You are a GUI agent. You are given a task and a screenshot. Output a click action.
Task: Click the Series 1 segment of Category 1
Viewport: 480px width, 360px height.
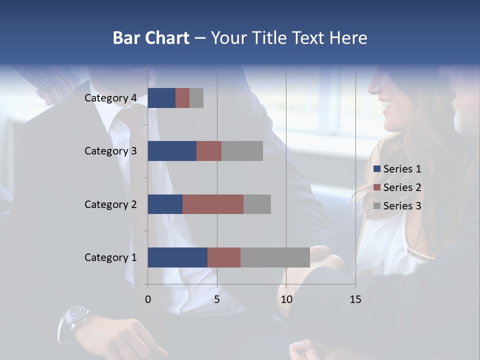(x=177, y=257)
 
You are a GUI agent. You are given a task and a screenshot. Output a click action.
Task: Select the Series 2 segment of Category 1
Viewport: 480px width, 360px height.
(x=224, y=257)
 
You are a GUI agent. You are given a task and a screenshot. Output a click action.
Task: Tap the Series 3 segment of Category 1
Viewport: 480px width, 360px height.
(x=275, y=257)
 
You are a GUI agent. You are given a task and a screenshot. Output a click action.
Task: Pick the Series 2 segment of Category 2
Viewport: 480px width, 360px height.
(x=213, y=204)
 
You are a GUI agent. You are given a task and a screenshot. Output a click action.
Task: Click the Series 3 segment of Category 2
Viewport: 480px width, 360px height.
(x=257, y=204)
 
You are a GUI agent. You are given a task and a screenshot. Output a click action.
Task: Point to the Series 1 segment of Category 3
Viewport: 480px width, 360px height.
(x=172, y=151)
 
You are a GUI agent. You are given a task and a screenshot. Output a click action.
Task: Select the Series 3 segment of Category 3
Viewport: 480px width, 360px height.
(x=242, y=151)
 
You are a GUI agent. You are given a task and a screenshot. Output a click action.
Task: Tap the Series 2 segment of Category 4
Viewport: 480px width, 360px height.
(x=182, y=98)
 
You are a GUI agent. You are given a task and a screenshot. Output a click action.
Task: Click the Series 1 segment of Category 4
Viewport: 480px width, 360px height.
(x=161, y=98)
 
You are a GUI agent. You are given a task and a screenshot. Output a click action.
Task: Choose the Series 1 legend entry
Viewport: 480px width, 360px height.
(x=397, y=169)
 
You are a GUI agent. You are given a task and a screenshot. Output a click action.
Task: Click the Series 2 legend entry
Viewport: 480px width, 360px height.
(x=397, y=187)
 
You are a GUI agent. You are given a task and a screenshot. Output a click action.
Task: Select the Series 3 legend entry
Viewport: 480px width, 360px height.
(x=397, y=206)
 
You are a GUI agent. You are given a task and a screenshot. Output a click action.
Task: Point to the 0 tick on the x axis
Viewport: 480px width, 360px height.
(x=148, y=299)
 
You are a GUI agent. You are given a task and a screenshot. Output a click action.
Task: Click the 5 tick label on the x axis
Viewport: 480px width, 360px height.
(x=217, y=299)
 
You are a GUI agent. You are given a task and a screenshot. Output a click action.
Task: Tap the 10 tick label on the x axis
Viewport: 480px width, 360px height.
(x=286, y=299)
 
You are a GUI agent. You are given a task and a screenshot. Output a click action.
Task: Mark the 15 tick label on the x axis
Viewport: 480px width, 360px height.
(x=355, y=299)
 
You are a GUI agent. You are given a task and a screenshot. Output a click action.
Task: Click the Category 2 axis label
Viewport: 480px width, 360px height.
(x=110, y=204)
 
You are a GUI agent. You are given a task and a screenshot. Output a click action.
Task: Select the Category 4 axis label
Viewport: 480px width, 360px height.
(x=110, y=98)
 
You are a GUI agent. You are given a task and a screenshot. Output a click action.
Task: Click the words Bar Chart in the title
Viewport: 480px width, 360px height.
(x=151, y=38)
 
